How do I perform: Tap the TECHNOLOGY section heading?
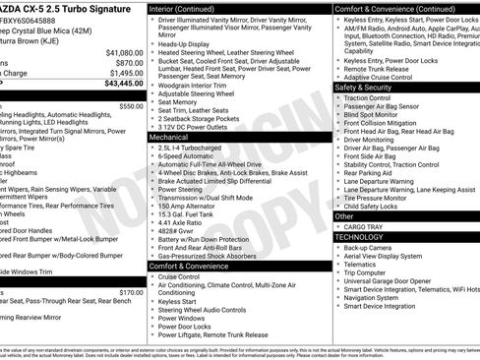pos(358,237)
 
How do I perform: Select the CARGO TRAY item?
pos(366,226)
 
